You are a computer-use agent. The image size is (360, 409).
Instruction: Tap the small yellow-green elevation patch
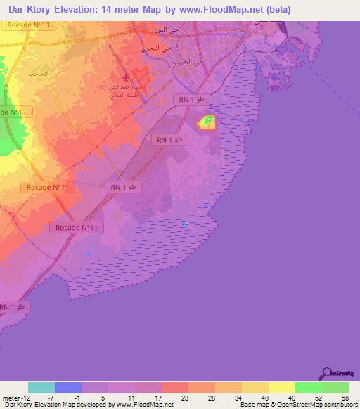[207, 122]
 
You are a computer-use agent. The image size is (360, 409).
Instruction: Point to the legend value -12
[27, 397]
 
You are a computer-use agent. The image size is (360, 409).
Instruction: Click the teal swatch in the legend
[41, 387]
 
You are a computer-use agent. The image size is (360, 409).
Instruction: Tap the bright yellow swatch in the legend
[282, 387]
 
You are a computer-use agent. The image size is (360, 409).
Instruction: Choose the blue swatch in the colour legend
[68, 387]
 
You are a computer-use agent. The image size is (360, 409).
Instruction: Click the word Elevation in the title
[77, 10]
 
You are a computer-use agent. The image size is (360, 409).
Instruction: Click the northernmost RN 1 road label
[192, 100]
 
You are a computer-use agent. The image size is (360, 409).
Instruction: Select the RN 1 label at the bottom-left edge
[13, 307]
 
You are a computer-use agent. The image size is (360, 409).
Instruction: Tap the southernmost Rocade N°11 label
[77, 228]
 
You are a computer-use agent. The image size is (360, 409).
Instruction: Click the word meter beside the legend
[11, 397]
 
